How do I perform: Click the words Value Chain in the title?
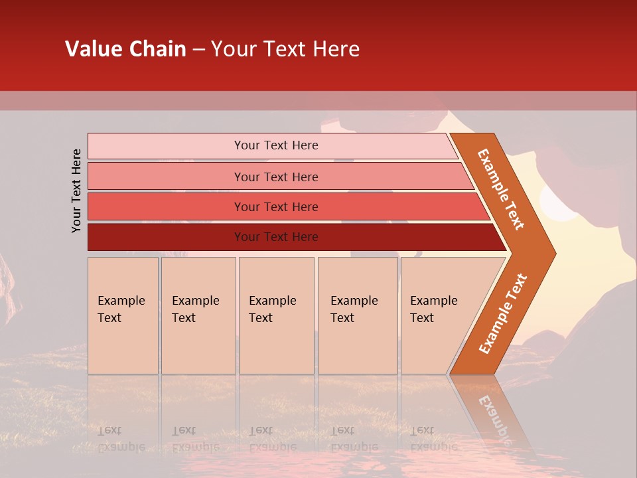pos(125,49)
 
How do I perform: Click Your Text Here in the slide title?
pos(285,49)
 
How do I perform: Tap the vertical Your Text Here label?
pos(77,191)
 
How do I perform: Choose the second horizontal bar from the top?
pos(275,177)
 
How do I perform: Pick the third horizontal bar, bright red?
pos(275,206)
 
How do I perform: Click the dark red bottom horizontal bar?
pos(275,237)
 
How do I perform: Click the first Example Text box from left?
pos(123,315)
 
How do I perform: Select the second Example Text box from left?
pos(198,315)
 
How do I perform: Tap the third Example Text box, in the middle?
pos(276,315)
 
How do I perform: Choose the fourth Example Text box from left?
pos(357,315)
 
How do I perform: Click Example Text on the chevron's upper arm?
pos(501,189)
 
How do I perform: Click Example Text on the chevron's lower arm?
pos(502,313)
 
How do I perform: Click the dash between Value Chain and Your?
pos(198,50)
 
